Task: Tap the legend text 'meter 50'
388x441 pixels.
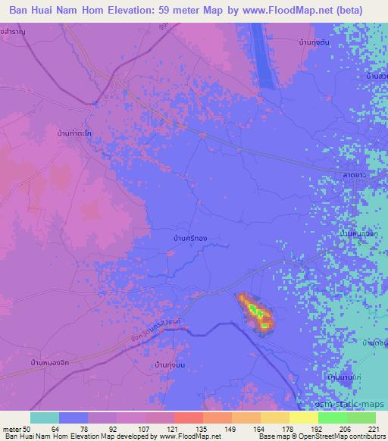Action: (15, 427)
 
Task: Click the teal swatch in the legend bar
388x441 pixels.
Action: (45, 418)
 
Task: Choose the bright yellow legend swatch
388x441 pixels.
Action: (304, 418)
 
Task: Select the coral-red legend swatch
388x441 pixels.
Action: (189, 418)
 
